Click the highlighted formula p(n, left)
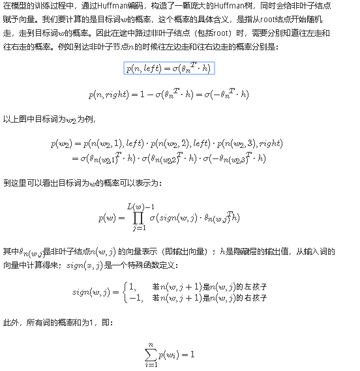click(169, 68)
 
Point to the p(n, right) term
click(109, 94)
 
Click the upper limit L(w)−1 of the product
click(139, 207)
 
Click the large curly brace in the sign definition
click(124, 291)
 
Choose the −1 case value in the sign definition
click(136, 297)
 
